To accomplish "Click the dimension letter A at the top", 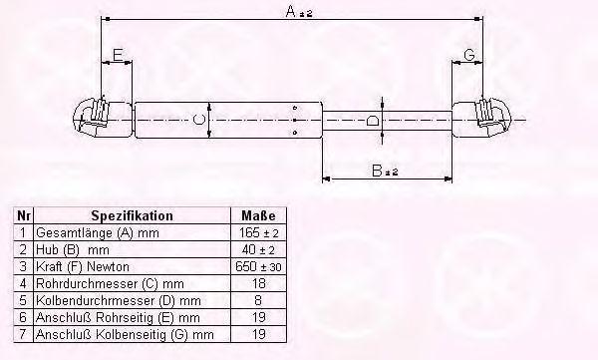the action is [291, 11].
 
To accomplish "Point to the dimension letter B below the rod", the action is [377, 171].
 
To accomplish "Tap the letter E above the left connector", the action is [118, 55].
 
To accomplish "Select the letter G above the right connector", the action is [469, 55].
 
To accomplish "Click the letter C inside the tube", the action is [198, 120].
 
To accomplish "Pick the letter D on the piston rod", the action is [373, 121].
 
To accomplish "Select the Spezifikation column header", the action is [132, 215].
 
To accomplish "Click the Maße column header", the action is [258, 215].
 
